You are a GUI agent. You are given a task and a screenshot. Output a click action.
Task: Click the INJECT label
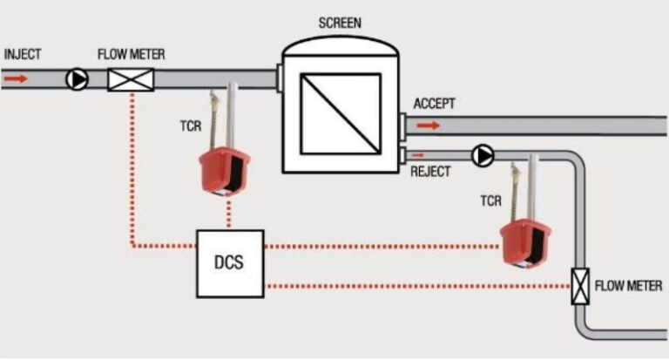coord(24,54)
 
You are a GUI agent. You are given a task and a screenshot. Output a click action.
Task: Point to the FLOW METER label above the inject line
coord(131,55)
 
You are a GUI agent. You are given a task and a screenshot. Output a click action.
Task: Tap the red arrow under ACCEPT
coord(428,126)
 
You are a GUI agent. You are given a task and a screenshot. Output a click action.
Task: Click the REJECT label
coord(430,172)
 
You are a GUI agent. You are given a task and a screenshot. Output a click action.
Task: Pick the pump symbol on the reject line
coord(482,155)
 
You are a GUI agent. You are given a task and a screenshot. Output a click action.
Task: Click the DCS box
coord(228,261)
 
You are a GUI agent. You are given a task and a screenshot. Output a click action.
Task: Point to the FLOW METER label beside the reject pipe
coord(628,286)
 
